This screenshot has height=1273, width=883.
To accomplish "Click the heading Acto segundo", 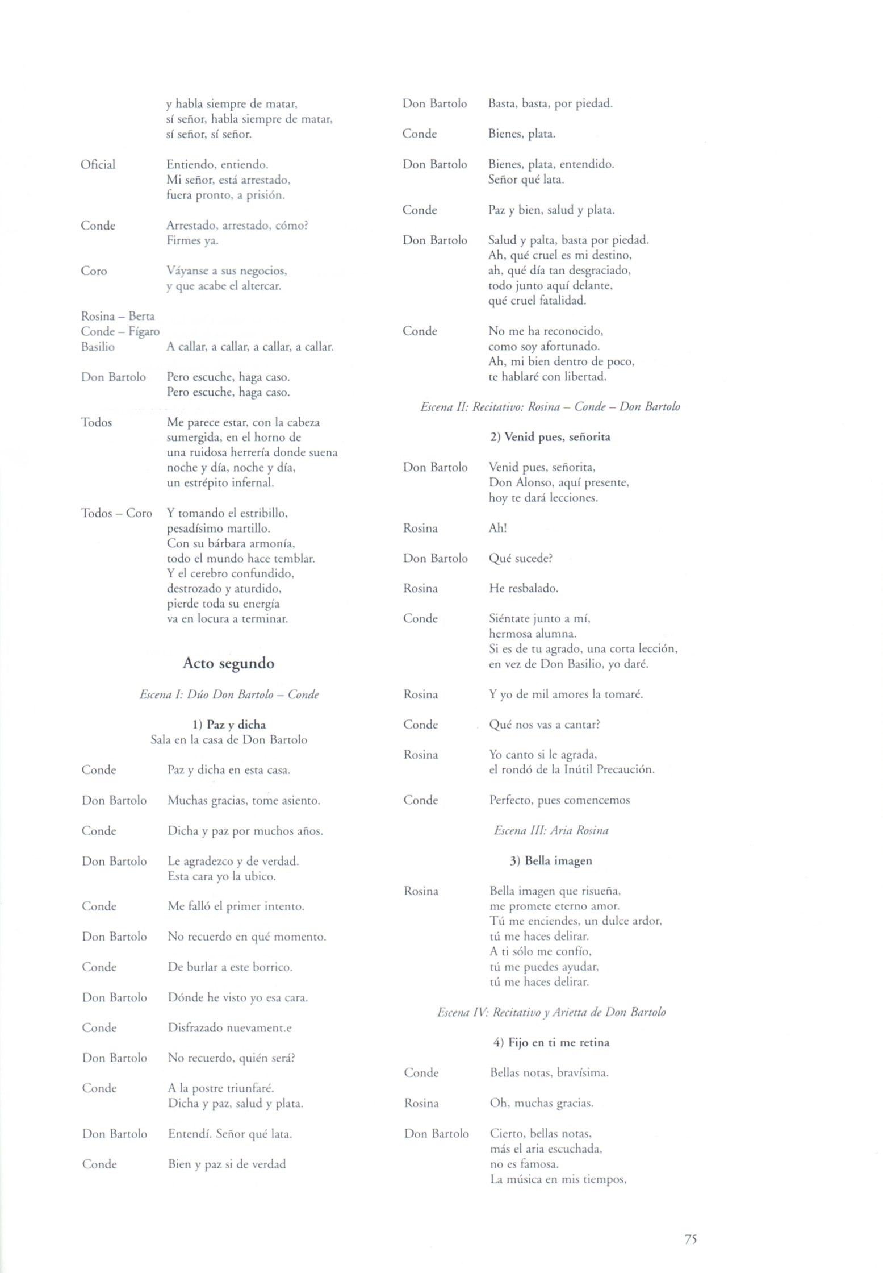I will coord(228,663).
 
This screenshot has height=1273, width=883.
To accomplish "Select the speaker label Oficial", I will coord(98,165).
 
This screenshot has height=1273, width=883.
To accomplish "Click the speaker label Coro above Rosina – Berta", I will coord(94,271).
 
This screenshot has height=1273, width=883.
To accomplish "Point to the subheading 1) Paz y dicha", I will coord(229,725).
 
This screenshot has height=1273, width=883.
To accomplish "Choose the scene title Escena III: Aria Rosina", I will coord(551,830).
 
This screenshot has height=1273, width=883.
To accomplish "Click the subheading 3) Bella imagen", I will coord(551,860).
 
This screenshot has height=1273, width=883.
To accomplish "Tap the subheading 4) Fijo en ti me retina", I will coord(551,1042).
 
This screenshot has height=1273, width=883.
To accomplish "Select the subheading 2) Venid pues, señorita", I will coord(550,437).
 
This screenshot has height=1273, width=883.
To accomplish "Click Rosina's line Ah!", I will coord(497,528).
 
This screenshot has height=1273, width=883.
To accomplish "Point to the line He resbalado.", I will coord(524,588).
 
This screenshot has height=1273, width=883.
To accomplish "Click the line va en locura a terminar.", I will coord(227,618).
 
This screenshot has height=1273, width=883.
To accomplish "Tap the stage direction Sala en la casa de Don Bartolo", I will coord(229,740).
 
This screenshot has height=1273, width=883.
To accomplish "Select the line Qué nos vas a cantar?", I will coord(545,725).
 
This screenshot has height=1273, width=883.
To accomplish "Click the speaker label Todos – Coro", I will coord(117,513).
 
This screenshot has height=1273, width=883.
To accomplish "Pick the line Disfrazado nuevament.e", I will coord(230,1027).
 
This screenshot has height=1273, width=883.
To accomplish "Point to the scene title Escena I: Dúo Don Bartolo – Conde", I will coord(229,694).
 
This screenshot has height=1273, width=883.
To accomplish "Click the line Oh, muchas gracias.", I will coord(541,1103).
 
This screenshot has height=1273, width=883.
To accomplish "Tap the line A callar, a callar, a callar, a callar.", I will coord(250,347).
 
